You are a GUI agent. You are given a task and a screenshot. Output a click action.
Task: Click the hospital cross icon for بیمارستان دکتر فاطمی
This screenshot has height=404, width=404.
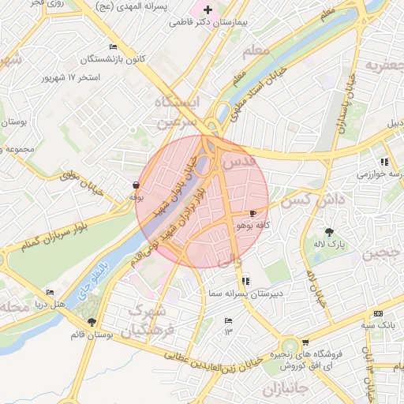pos(208,10)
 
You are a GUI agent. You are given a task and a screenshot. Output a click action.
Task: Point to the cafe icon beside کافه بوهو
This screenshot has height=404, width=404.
pos(252,213)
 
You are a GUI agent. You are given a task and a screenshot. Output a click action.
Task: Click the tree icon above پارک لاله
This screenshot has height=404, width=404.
pos(330,232)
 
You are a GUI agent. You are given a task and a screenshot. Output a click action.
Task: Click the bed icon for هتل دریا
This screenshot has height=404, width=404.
pos(50,292)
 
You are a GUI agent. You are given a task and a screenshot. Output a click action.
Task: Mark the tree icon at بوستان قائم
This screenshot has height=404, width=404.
pos(93,321)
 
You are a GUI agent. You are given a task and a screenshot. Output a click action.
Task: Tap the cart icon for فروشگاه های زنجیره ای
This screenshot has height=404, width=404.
pos(305,343)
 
